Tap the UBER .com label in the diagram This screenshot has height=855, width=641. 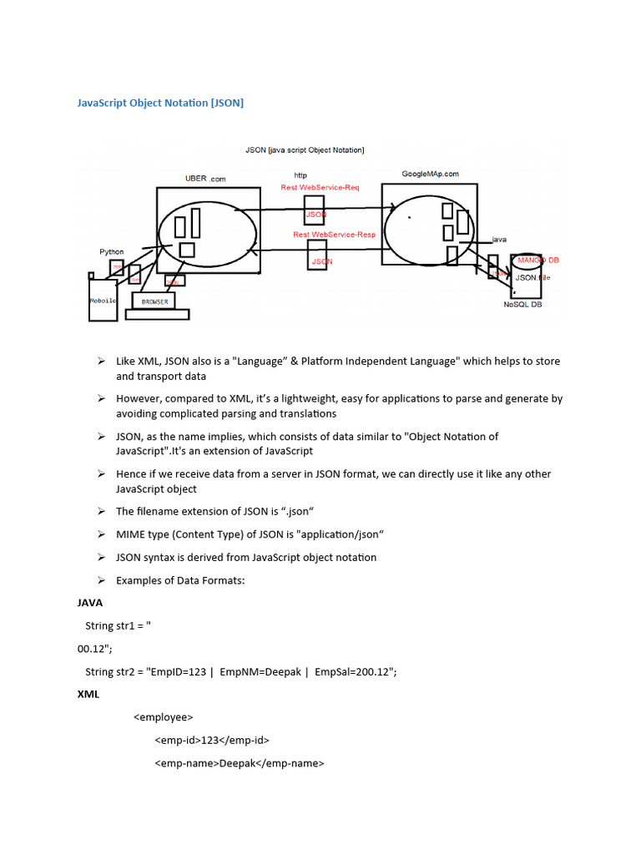(205, 179)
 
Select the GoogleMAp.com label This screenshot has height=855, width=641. (431, 174)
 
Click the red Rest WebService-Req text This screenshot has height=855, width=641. (320, 188)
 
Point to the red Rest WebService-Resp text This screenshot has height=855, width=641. (334, 235)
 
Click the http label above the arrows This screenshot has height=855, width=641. (300, 175)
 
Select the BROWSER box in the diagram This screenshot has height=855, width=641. (155, 301)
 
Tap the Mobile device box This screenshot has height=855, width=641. (103, 300)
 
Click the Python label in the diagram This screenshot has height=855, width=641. (112, 251)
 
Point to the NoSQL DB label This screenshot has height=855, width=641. (522, 305)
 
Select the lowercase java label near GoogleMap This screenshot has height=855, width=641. (499, 240)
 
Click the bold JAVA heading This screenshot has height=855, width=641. (89, 602)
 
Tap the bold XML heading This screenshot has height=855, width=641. (88, 694)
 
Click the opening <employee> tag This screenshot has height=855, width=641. (164, 716)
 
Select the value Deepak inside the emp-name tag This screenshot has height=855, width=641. (236, 762)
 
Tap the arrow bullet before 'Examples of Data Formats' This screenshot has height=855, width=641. (100, 579)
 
